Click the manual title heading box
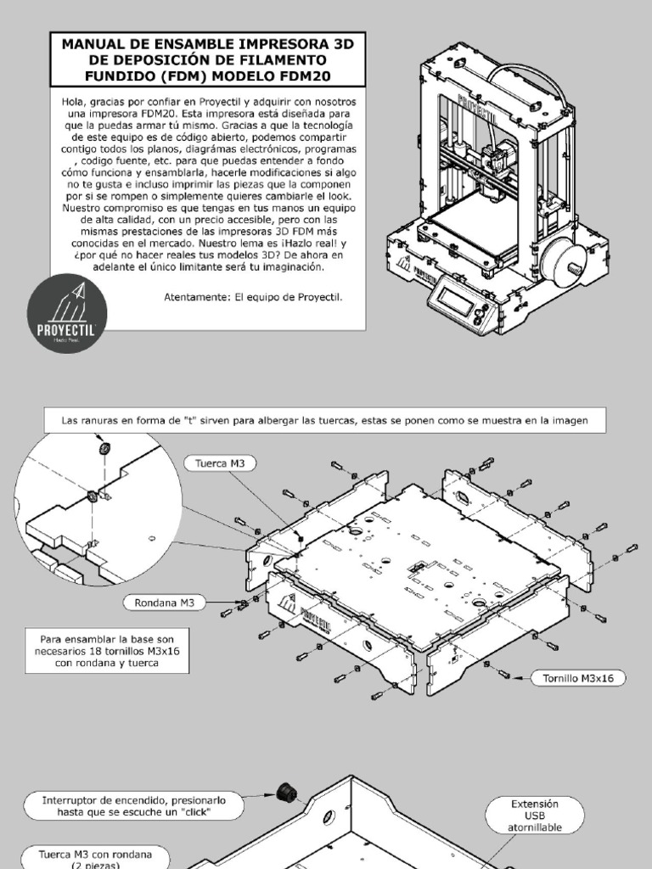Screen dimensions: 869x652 click(x=208, y=59)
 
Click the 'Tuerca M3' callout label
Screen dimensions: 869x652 click(x=220, y=463)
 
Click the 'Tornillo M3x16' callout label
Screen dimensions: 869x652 click(x=578, y=677)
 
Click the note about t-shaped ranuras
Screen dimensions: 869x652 click(x=326, y=420)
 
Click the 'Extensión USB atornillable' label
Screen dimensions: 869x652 click(x=535, y=815)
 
